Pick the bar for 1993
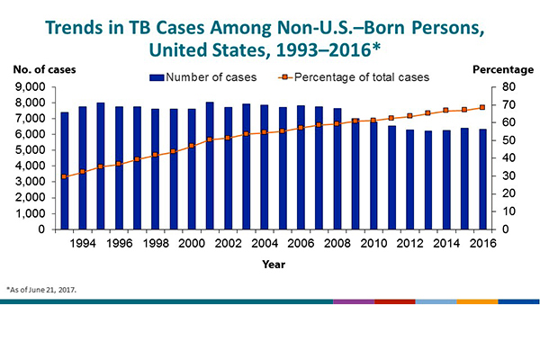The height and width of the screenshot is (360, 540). (x=64, y=171)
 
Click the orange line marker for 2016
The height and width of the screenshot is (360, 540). (x=482, y=107)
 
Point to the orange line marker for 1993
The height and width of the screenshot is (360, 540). (x=64, y=176)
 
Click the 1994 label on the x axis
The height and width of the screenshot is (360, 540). (x=82, y=243)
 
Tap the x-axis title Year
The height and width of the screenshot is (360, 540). (x=274, y=265)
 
